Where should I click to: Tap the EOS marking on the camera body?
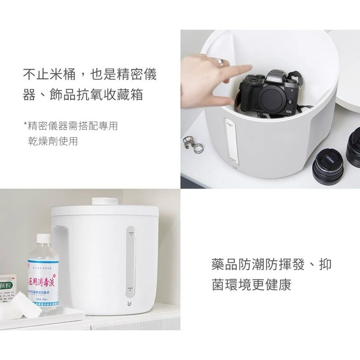point(288,112)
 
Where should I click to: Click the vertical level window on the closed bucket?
point(130,261)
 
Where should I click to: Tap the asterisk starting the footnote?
point(25,123)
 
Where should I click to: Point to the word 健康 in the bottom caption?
point(278,285)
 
